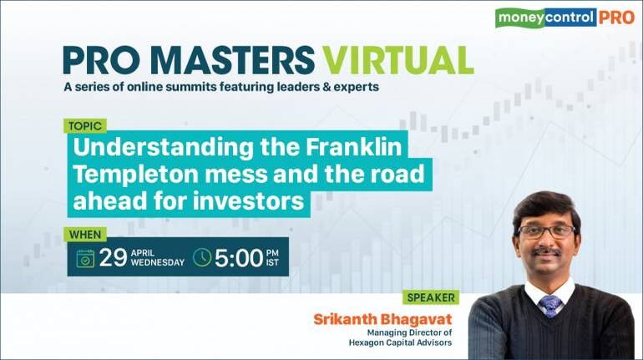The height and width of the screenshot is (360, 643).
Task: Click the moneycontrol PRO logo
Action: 565,18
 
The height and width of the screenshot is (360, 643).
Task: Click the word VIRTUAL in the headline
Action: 397,60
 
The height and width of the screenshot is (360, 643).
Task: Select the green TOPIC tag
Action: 85,126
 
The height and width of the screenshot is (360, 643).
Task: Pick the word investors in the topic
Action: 248,201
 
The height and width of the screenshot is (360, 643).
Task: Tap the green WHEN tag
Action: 85,235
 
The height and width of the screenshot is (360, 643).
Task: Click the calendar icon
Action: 85,258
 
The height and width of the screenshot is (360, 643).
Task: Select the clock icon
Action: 202,257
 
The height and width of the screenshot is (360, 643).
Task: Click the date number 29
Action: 113,258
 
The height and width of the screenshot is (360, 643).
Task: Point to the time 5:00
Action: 239,258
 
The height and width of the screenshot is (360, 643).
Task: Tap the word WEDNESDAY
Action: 158,263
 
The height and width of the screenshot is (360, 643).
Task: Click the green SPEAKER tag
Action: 431,297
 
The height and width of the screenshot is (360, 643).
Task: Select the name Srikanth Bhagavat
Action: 382,319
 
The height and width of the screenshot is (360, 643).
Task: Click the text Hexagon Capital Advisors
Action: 400,342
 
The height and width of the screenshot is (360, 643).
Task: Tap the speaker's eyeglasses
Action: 546,232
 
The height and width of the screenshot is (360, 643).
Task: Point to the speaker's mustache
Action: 546,251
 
